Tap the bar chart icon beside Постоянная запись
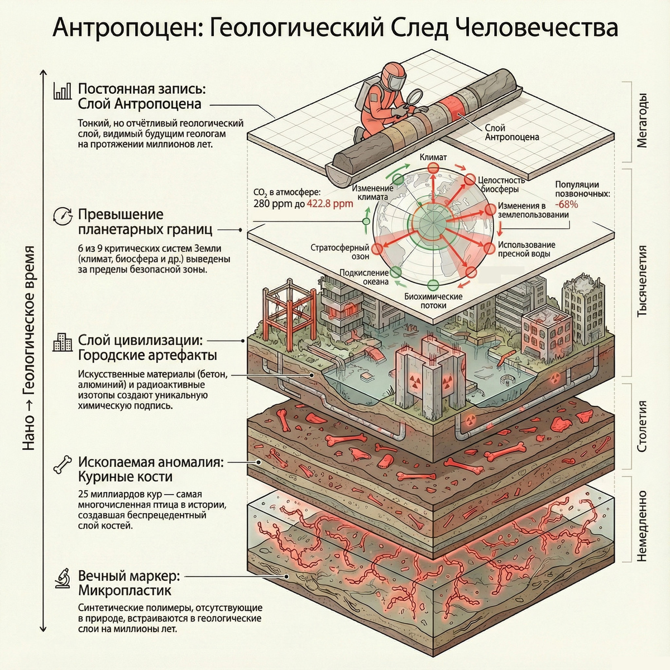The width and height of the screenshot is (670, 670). [x=62, y=91]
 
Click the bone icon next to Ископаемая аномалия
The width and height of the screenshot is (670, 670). [x=62, y=465]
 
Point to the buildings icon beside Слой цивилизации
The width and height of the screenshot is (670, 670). [x=62, y=342]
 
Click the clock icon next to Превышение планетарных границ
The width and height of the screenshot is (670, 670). [x=62, y=216]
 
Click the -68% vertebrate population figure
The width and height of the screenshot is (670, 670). [x=567, y=204]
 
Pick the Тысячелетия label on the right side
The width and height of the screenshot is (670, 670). [x=642, y=280]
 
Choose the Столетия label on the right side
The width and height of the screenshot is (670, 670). [x=642, y=426]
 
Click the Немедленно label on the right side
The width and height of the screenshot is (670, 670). [x=642, y=525]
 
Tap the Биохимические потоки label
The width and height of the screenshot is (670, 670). [x=433, y=300]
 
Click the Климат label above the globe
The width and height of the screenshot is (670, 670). [x=433, y=157]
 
